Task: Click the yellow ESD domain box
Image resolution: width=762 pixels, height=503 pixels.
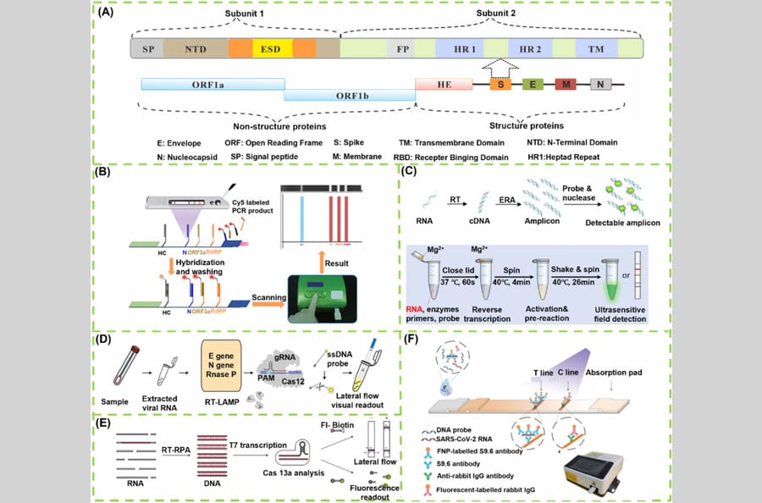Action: point(272,49)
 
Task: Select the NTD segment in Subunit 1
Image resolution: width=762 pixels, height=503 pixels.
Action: point(196,49)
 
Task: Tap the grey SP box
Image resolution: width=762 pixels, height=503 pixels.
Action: point(146,49)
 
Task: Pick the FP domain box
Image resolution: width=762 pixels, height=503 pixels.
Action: point(404,49)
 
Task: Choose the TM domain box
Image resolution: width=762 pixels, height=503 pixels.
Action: point(596,49)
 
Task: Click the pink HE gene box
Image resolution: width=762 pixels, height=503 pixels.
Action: point(443,85)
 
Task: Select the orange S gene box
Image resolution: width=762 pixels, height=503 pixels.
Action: point(502,85)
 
